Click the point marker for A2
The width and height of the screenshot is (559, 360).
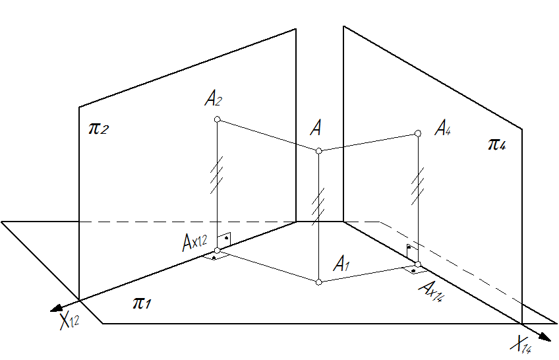click(218, 120)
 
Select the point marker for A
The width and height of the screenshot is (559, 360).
click(318, 151)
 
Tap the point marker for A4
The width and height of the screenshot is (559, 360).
click(418, 134)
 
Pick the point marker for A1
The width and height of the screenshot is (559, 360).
click(318, 282)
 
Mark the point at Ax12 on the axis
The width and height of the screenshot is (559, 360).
click(218, 251)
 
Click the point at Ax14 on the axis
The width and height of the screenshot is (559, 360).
click(418, 264)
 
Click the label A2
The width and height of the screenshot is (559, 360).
click(214, 100)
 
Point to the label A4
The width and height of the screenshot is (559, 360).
click(442, 127)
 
